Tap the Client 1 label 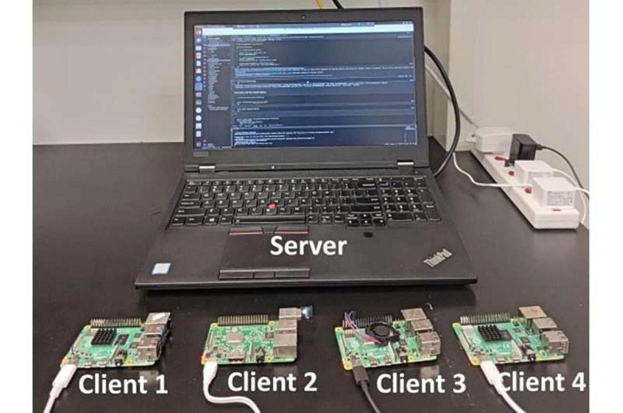coord(123,385)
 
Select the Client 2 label coord(272,382)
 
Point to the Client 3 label coord(421,383)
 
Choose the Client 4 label coord(541,383)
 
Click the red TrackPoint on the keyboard coord(270,207)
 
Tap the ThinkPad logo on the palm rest coord(439,258)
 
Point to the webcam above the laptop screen coord(304,16)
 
